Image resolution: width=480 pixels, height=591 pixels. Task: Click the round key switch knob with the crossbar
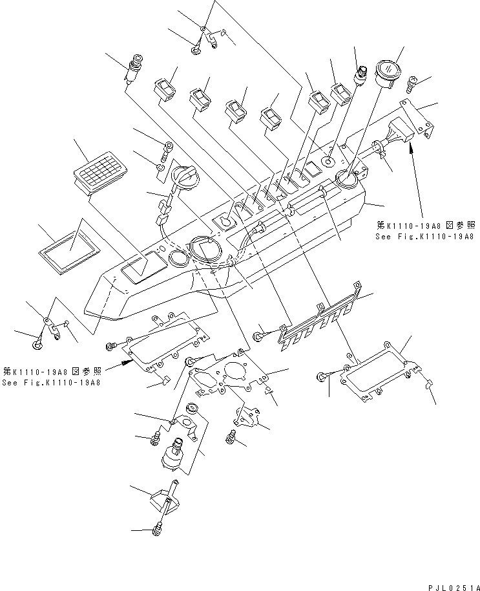(x=185, y=176)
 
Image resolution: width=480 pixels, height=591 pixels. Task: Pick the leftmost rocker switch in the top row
(x=166, y=86)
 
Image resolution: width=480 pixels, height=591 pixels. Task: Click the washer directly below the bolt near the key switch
(x=159, y=169)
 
